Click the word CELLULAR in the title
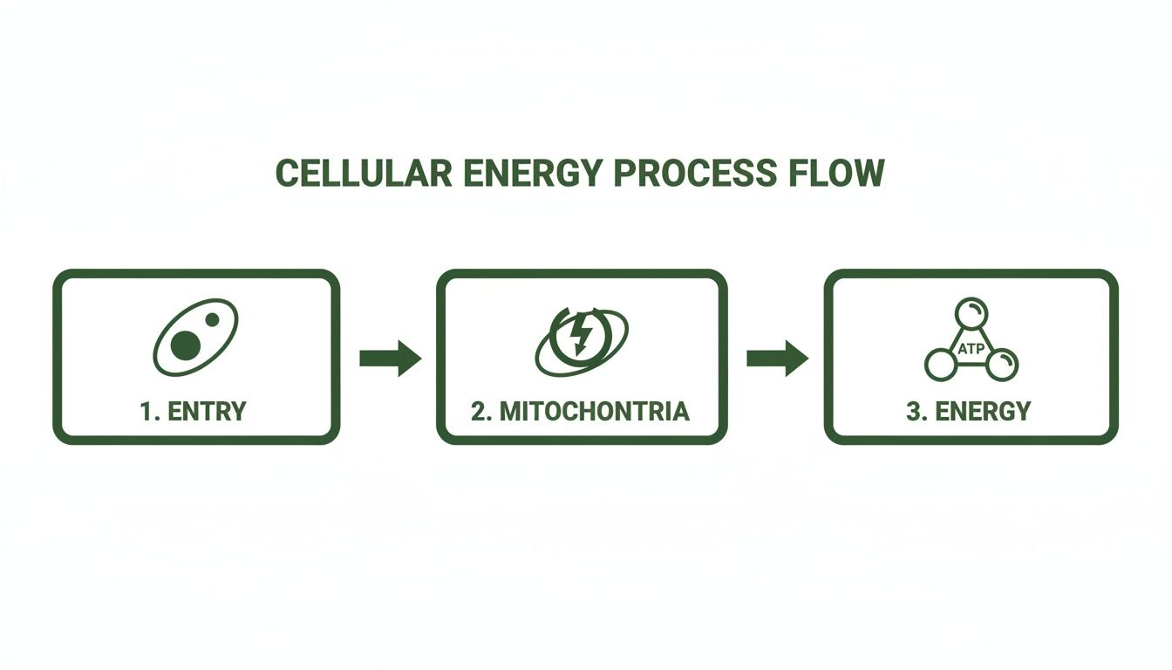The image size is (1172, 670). coord(363,174)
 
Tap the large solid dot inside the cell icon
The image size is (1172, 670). coord(185,345)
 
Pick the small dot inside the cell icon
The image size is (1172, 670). coord(212,320)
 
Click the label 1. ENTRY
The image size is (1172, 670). coord(193,411)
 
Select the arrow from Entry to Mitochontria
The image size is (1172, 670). coord(390,358)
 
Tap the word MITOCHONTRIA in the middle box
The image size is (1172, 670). coord(593,411)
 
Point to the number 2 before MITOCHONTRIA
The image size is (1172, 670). coord(478,411)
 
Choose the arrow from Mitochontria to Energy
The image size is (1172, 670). coord(777,358)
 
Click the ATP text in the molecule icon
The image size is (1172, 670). coord(971,349)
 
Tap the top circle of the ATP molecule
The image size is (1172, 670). coord(971,312)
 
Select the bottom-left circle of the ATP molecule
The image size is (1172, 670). coord(940,364)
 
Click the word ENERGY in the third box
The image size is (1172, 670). coord(983,411)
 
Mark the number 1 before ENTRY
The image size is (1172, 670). coord(146,411)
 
